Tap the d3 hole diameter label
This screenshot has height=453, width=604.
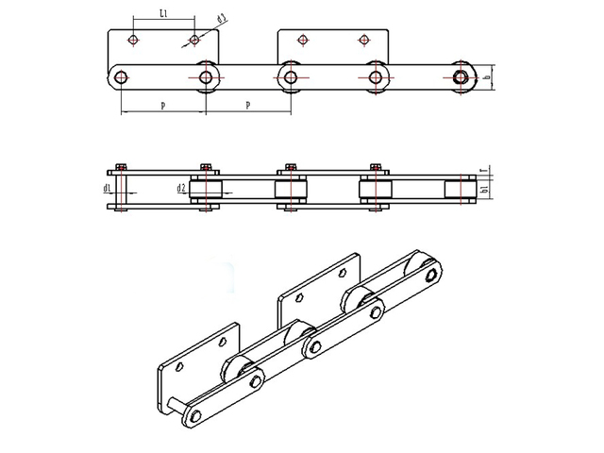pyautogui.click(x=222, y=19)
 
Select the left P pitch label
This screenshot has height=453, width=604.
pyautogui.click(x=163, y=106)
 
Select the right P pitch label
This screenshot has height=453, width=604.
pyautogui.click(x=247, y=106)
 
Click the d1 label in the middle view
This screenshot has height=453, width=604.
pyautogui.click(x=109, y=189)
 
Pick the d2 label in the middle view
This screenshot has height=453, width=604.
pyautogui.click(x=180, y=189)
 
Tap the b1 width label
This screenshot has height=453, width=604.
pyautogui.click(x=483, y=191)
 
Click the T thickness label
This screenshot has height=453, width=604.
pyautogui.click(x=482, y=172)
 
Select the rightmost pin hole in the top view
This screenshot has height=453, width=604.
pyautogui.click(x=461, y=76)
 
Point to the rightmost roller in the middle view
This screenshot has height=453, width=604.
pyautogui.click(x=461, y=190)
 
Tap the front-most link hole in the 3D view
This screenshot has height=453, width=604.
pyautogui.click(x=194, y=418)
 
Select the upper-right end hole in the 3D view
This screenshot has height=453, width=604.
pyautogui.click(x=431, y=277)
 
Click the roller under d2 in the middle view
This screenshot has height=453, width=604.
pyautogui.click(x=206, y=190)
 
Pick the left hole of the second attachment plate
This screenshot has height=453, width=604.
pyautogui.click(x=303, y=40)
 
